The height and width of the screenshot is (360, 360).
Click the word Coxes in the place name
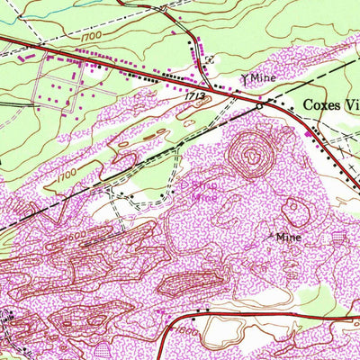320,104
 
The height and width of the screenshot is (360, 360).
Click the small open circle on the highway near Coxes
259,105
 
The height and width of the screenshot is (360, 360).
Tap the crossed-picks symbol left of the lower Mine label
273,236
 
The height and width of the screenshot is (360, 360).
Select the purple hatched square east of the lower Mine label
338,238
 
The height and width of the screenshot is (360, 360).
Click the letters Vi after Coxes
351,104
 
